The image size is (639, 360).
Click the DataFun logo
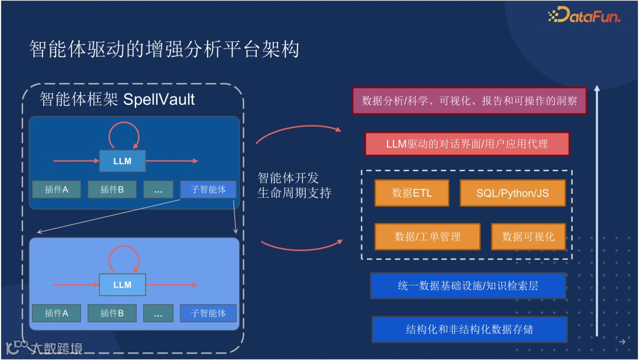coord(585,15)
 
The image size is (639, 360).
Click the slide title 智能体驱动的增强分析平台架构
coord(164,49)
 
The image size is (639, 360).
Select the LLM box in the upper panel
coord(122,160)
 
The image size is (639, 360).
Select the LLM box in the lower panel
coord(122,285)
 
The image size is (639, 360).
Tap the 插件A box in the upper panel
coord(57,189)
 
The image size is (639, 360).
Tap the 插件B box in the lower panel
coord(112,313)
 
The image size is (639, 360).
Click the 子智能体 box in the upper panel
coord(208,189)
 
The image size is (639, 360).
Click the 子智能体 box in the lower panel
coord(208,313)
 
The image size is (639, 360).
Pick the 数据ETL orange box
coord(412,193)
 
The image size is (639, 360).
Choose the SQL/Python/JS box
coord(512,193)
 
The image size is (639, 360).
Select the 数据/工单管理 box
coord(427,237)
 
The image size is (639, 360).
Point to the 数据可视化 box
coord(528,237)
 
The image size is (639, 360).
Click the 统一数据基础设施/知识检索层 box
coord(467,285)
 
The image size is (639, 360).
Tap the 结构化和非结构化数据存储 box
coord(469,329)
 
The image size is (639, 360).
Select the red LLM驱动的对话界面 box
coord(467,144)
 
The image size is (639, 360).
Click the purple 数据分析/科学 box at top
coord(469,101)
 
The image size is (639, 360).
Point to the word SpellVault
coord(159,99)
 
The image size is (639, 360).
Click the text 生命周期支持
coord(294,193)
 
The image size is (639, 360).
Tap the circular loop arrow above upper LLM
coord(124,135)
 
